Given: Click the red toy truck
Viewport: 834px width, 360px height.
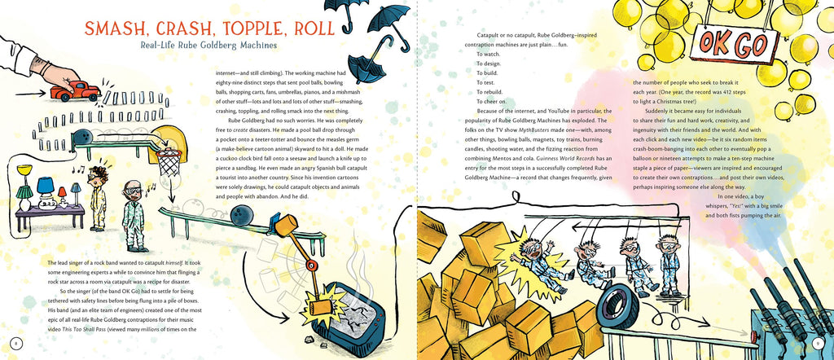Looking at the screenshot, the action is (75, 91).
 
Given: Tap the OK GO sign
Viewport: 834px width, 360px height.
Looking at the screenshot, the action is (734, 44).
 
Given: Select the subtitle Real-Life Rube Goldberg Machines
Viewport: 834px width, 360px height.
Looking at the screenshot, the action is (208, 45).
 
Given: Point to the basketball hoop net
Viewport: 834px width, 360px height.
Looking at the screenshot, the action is (169, 163).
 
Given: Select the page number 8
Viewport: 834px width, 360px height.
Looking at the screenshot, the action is (16, 343).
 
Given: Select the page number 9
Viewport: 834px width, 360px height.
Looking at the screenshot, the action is (818, 343).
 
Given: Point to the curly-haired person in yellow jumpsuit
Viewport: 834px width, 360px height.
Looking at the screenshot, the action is (98, 198).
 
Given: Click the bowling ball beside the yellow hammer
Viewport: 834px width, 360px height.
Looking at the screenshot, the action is (242, 215).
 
